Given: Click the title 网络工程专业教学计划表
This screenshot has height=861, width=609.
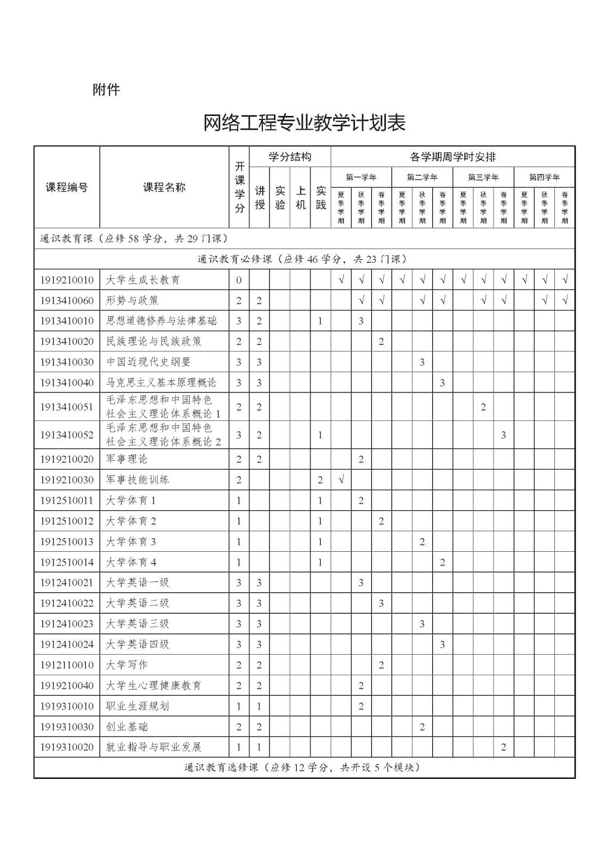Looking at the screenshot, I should tap(304, 123).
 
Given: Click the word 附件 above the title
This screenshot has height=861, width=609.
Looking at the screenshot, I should tap(106, 90).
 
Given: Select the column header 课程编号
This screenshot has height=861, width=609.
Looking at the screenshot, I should tap(67, 187).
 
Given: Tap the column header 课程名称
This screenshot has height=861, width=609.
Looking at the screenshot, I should tap(164, 187).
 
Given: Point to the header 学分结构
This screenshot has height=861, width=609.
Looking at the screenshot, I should tap(290, 157).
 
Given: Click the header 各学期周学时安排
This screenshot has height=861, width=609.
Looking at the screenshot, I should tap(453, 157).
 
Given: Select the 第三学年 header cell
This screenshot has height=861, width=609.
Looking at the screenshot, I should tap(483, 177).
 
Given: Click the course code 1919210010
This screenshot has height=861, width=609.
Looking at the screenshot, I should tap(67, 280).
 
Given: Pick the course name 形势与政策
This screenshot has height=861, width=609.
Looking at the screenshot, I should tap(132, 300).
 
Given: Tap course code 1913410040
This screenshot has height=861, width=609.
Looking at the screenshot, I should tap(67, 382).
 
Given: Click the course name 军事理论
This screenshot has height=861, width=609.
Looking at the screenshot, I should tap(126, 459).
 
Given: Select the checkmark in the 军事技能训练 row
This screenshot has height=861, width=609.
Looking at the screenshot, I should tap(341, 480).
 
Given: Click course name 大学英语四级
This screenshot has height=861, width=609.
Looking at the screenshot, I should tap(137, 644).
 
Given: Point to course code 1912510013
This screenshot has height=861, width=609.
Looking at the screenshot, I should tap(67, 542).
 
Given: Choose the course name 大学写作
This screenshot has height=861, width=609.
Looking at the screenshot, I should tap(126, 665).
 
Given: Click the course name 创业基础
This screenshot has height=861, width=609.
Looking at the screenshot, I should tap(126, 727).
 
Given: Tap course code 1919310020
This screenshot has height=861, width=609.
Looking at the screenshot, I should tap(67, 747).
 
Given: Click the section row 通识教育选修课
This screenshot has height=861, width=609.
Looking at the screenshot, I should tap(303, 768).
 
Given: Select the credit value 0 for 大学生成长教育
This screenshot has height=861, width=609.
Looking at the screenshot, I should tap(239, 280).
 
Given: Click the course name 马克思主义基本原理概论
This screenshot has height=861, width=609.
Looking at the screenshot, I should tap(161, 382).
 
